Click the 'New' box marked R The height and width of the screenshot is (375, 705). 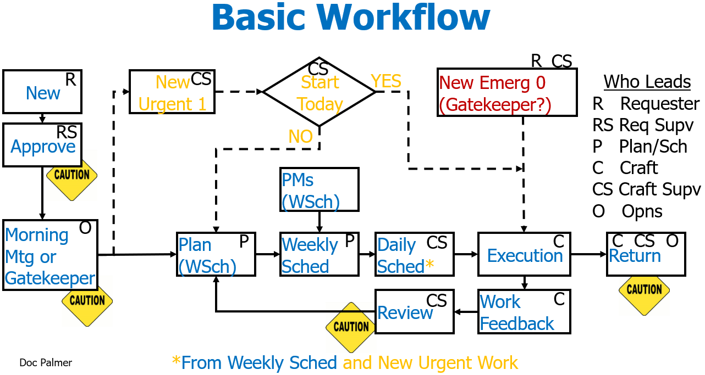42,91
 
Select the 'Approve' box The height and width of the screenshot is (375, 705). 42,145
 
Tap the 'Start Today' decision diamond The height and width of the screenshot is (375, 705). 320,92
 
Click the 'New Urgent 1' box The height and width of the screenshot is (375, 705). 172,92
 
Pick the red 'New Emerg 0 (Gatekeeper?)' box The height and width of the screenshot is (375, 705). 507,92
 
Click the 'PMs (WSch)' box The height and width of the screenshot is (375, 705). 319,189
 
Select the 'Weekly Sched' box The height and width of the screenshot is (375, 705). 319,255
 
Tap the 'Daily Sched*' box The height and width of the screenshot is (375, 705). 414,255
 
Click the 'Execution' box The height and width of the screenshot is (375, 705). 524,254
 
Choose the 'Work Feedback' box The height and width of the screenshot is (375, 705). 524,312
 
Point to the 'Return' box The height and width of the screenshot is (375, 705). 646,254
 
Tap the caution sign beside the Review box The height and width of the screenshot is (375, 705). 351,327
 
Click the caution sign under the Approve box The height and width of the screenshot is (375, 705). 72,175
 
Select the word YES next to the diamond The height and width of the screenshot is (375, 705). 386,81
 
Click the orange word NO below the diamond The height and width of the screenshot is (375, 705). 300,137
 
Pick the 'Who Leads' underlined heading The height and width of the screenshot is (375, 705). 647,82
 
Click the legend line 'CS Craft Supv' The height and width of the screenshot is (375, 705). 646,189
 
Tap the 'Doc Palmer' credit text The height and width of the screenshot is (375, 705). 46,362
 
